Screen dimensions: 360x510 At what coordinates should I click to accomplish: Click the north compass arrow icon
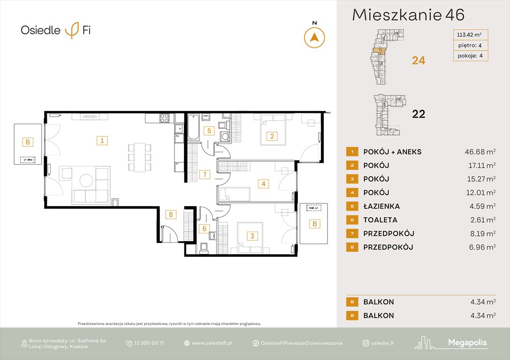coord(314,37)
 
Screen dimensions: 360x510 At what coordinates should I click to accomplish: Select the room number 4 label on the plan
coord(264,184)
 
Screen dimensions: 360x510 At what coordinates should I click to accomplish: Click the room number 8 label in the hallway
coord(171,215)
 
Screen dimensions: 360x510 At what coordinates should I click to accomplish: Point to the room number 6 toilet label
coord(204,229)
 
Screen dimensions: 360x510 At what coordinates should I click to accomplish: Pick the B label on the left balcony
coord(28,142)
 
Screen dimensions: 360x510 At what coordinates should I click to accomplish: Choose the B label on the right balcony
coord(315,224)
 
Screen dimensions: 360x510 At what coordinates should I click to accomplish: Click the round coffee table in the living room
coord(86,180)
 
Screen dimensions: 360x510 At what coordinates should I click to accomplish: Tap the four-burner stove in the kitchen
coord(165,118)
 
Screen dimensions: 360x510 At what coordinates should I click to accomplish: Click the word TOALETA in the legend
coord(380,220)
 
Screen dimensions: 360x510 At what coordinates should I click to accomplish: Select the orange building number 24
coord(418,60)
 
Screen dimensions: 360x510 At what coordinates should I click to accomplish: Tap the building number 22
coord(418,114)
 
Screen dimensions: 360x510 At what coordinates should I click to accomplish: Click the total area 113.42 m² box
coord(470,34)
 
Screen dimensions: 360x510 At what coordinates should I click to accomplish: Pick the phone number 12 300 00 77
coord(149,343)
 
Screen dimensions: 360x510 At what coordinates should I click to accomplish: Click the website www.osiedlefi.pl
coord(212,343)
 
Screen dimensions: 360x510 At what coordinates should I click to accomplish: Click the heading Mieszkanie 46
coord(408,15)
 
